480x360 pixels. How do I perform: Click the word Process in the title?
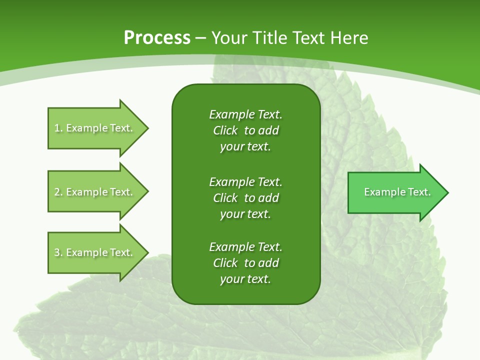coord(157,38)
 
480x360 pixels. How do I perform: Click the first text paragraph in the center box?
coord(245,130)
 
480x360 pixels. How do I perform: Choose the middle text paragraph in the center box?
coord(245,198)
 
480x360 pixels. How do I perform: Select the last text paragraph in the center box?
coord(245,263)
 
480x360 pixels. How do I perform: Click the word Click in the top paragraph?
coord(225,130)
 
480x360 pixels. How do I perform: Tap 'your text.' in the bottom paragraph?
coord(245,279)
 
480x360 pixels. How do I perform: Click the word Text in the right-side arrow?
coord(419,192)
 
